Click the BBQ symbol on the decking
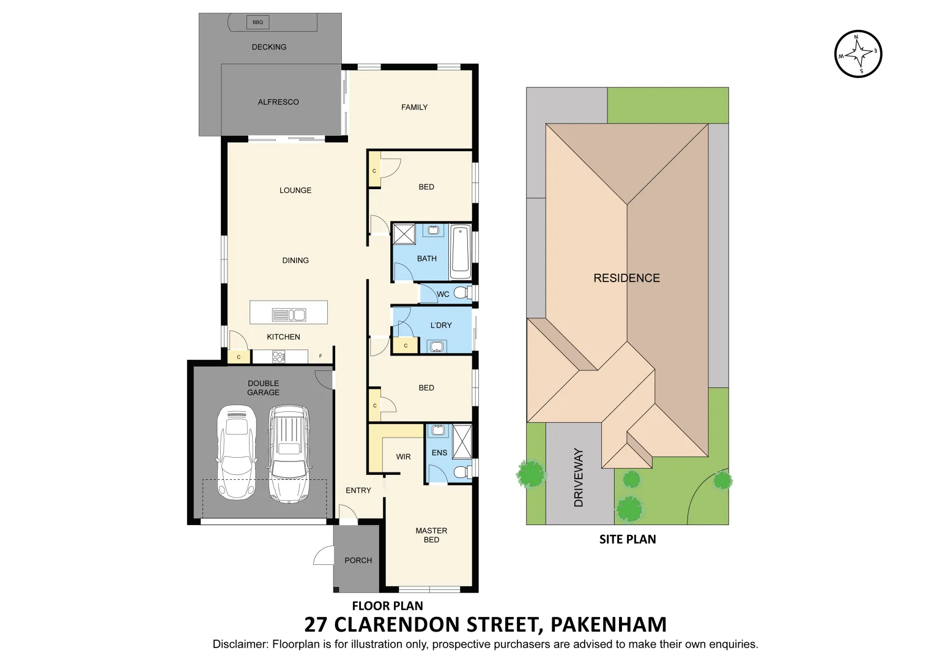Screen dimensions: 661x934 pyautogui.click(x=258, y=23)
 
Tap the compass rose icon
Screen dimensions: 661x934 pyautogui.click(x=858, y=54)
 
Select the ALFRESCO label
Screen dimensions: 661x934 pyautogui.click(x=278, y=102)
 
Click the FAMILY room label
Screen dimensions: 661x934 pyautogui.click(x=414, y=107)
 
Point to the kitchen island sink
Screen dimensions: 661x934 pyautogui.click(x=289, y=315)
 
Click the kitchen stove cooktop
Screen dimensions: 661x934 pyautogui.click(x=278, y=356)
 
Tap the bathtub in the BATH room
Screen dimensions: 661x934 pyautogui.click(x=460, y=252)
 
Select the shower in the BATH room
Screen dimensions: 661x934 pyautogui.click(x=404, y=234)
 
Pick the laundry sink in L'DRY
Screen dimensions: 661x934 pyautogui.click(x=436, y=347)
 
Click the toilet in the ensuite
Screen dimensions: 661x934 pyautogui.click(x=462, y=472)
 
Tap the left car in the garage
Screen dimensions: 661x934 pyautogui.click(x=236, y=452)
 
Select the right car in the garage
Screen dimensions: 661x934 pyautogui.click(x=289, y=454)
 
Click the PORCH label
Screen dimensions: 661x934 pyautogui.click(x=358, y=560)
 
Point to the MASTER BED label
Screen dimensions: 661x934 pyautogui.click(x=431, y=535)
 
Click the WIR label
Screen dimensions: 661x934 pyautogui.click(x=403, y=457)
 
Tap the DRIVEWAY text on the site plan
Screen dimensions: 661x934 pyautogui.click(x=579, y=477)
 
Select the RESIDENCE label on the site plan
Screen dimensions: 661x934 pyautogui.click(x=626, y=278)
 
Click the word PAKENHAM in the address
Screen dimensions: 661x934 pyautogui.click(x=608, y=624)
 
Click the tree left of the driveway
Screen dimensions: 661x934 pyautogui.click(x=530, y=473)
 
